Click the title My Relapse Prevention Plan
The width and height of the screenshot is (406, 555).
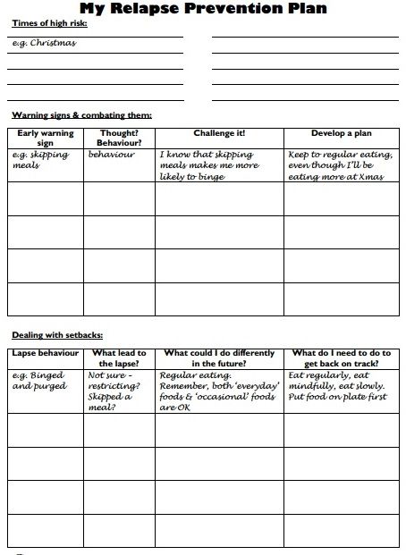click(x=203, y=9)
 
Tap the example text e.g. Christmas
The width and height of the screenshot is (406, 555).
click(x=45, y=42)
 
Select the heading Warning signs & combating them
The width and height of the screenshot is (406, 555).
click(x=81, y=115)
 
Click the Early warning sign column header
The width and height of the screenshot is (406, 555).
click(x=45, y=137)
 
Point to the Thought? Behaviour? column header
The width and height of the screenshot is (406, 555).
click(x=119, y=137)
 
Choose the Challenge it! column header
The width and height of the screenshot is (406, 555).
click(x=219, y=132)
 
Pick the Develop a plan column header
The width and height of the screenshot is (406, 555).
click(x=341, y=132)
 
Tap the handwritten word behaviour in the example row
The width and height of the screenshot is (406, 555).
click(x=112, y=155)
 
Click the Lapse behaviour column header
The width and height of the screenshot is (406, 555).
click(x=46, y=353)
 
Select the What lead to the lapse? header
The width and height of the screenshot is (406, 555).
click(x=119, y=358)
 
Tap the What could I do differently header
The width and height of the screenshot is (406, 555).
click(x=219, y=358)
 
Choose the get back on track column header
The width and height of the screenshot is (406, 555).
click(x=341, y=358)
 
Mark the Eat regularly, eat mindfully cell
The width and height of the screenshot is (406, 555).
click(x=340, y=386)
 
